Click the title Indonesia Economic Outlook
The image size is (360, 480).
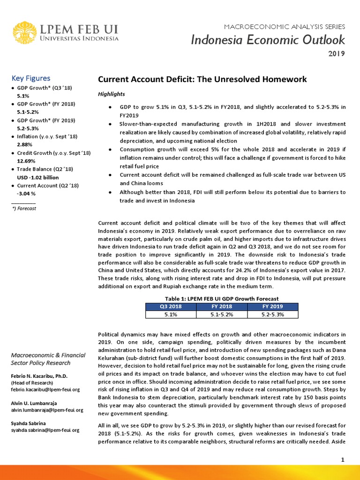click(268, 40)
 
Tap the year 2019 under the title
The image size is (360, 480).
click(336, 53)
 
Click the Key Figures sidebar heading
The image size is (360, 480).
click(31, 78)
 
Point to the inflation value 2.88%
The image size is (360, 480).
click(24, 144)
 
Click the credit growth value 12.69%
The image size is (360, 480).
click(26, 161)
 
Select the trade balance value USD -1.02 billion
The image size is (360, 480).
click(38, 177)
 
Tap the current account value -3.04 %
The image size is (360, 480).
click(26, 194)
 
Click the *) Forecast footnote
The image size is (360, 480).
click(24, 208)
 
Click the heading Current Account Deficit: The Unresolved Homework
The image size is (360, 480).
click(202, 79)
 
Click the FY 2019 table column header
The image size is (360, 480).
click(272, 306)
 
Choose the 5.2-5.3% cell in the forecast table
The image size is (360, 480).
click(272, 315)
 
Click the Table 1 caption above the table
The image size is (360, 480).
click(222, 298)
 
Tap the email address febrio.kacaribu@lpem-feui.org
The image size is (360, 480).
click(45, 389)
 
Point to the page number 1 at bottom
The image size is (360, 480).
click(343, 460)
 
